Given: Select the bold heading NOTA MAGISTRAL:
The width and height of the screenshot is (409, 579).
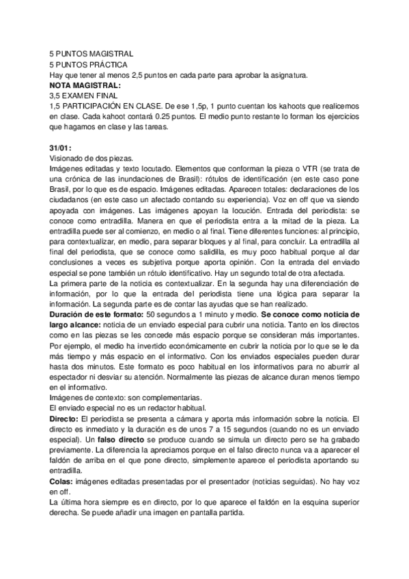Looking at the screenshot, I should [x=85, y=85].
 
